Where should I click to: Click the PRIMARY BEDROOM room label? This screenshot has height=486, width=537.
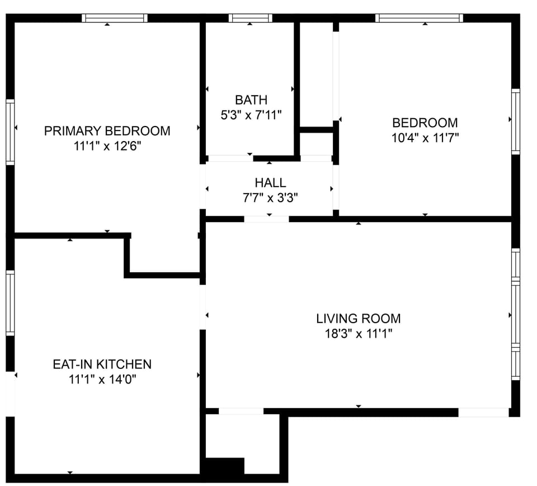click(107, 131)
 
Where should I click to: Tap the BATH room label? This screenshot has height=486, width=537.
click(251, 100)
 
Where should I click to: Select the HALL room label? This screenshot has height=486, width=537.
click(270, 183)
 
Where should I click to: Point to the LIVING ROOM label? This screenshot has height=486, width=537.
click(358, 319)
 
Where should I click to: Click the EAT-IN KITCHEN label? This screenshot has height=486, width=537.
click(102, 364)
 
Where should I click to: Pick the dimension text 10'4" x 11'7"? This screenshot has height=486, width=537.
click(425, 138)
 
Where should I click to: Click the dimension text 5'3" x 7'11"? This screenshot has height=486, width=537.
click(251, 115)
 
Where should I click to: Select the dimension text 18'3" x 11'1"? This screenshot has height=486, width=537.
click(358, 334)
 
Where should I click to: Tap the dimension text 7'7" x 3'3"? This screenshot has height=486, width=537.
click(270, 198)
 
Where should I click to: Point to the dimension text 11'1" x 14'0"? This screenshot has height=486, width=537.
click(102, 380)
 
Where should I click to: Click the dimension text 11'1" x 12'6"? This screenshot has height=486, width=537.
click(107, 146)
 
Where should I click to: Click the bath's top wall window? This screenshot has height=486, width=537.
click(250, 18)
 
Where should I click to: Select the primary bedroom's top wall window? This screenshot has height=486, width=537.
click(115, 18)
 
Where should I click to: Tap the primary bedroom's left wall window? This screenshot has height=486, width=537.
click(10, 132)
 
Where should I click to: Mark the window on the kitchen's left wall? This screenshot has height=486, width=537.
click(10, 303)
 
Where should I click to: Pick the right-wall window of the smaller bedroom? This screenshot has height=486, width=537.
click(516, 121)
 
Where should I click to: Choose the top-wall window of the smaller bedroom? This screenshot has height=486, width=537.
click(419, 18)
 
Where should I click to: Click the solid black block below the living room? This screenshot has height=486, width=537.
click(225, 467)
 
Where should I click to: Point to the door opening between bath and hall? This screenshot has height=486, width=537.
click(230, 158)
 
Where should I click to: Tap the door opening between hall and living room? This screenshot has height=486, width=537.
click(266, 219)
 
